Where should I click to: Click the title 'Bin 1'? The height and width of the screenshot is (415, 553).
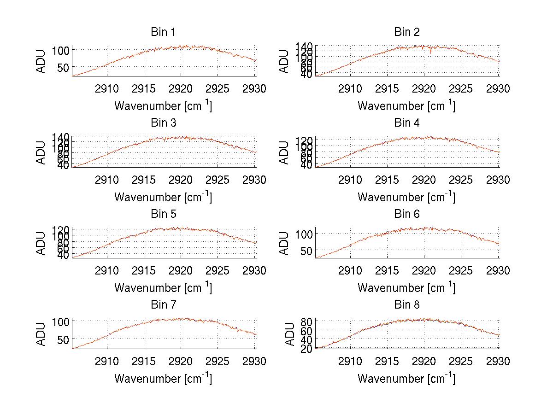tap(163, 32)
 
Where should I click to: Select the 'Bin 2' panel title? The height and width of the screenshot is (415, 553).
tap(406, 32)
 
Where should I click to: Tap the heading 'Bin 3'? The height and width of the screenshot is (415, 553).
tap(163, 123)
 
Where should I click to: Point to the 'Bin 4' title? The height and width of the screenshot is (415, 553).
tap(406, 123)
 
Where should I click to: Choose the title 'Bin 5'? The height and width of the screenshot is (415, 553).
tap(163, 214)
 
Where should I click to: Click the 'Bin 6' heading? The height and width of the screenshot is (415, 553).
tap(406, 214)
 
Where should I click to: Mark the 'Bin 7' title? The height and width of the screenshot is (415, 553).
tap(163, 305)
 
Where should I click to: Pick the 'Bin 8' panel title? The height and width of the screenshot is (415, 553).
tap(406, 305)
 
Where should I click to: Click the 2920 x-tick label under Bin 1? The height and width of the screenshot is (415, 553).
tap(181, 89)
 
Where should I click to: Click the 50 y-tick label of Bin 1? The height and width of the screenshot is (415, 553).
tap(64, 67)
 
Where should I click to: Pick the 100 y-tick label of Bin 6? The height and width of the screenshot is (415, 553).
tap(304, 234)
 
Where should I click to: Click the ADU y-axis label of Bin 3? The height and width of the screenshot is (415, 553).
tap(41, 152)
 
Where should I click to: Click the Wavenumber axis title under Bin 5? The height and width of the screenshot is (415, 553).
tap(163, 288)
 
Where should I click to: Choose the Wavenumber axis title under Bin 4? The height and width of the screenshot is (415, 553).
tap(406, 197)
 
